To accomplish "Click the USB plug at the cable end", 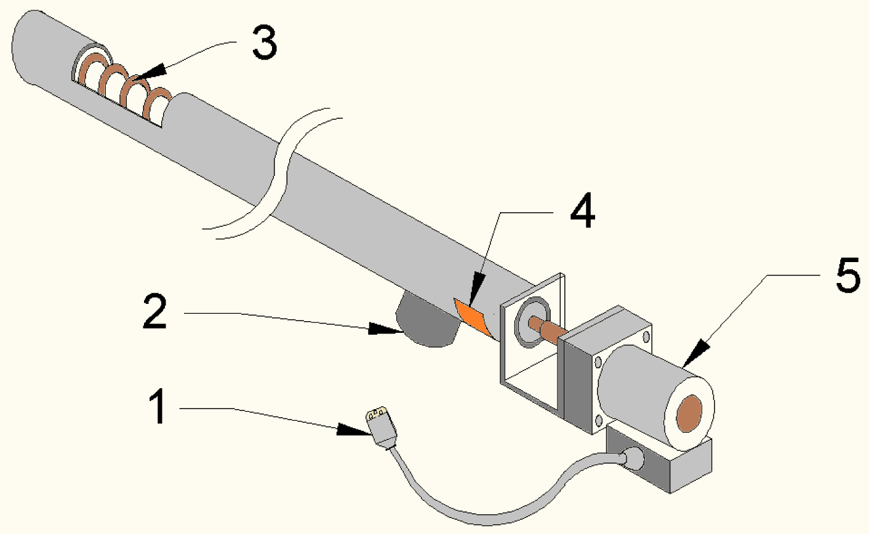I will [381, 425].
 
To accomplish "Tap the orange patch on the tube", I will [471, 316].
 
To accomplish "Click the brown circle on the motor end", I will [689, 413].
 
